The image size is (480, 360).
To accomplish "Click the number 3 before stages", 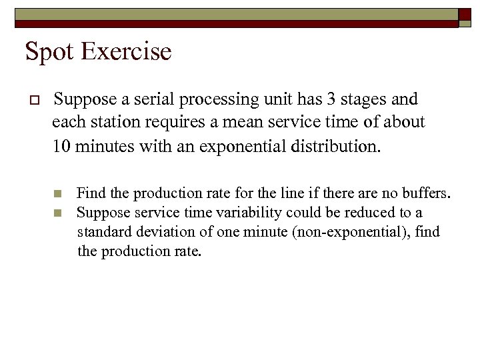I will coord(332,99).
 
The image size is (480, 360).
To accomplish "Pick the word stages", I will coord(365,100).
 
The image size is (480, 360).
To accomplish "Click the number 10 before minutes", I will coord(62,145).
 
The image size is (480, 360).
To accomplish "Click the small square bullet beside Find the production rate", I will coord(57,194).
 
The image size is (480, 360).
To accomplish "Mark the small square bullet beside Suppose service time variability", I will coord(57,213).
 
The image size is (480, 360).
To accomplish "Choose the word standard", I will coord(102,232).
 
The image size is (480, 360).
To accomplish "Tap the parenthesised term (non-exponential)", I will coord(323,232).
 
